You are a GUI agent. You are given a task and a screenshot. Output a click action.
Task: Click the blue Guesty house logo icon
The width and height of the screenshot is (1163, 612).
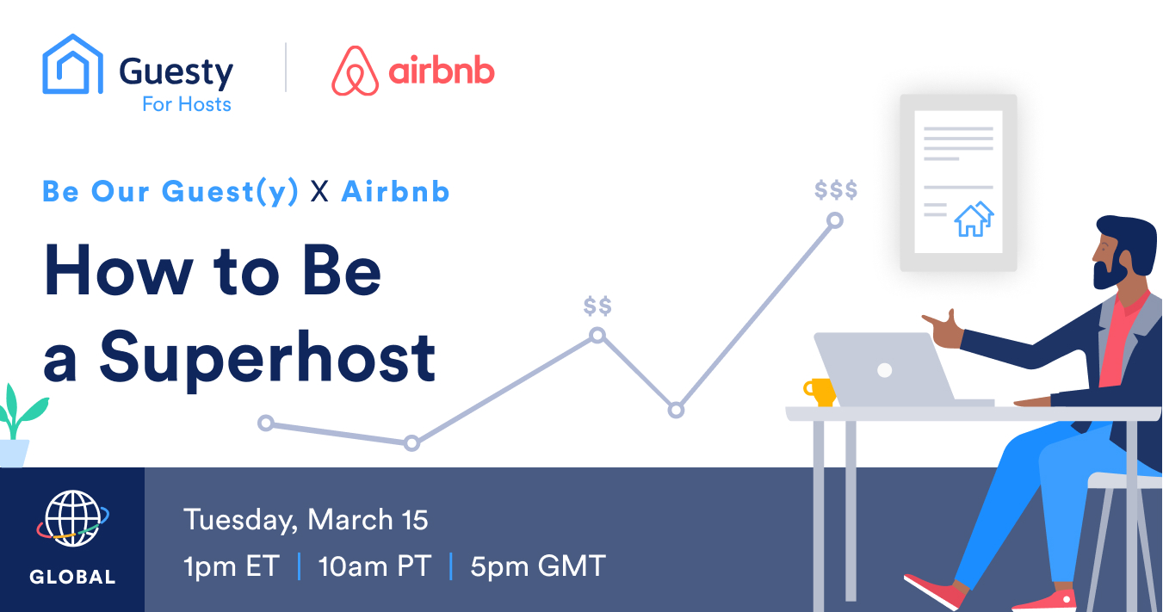pos(72,65)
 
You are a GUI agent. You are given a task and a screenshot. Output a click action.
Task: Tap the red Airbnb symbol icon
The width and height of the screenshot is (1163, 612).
pos(356,71)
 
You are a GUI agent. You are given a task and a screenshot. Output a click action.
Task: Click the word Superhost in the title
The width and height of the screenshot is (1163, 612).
pos(267,359)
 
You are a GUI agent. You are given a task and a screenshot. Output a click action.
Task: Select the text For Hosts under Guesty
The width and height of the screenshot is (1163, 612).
pos(187,104)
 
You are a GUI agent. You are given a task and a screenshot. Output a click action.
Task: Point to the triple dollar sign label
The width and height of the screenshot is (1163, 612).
pos(836,190)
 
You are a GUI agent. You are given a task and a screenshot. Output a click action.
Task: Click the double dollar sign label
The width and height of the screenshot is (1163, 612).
pos(597,306)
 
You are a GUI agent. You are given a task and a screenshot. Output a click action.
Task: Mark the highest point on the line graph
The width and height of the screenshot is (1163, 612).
pos(835,220)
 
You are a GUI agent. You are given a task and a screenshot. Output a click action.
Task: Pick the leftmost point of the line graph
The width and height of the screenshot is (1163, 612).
pos(266,423)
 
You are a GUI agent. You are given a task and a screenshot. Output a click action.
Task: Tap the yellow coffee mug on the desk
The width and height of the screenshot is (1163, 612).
pos(820,392)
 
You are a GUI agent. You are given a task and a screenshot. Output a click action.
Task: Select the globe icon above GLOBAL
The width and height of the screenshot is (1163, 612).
pos(72,518)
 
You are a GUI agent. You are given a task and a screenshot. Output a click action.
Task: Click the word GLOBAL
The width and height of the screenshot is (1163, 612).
pos(72,577)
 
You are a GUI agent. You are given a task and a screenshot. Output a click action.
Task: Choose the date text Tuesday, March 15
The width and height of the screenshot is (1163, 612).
pos(306,520)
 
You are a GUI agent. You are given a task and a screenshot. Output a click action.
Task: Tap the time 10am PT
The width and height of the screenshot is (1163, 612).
pos(374,566)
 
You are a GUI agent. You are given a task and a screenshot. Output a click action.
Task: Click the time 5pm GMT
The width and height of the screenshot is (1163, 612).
pos(538,566)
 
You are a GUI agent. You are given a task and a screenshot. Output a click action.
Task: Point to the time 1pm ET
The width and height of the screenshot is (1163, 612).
pos(232,566)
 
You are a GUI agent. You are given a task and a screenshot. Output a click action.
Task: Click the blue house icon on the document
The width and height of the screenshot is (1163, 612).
pos(974,219)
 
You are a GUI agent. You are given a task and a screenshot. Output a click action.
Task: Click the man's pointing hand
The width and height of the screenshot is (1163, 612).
pos(943,330)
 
